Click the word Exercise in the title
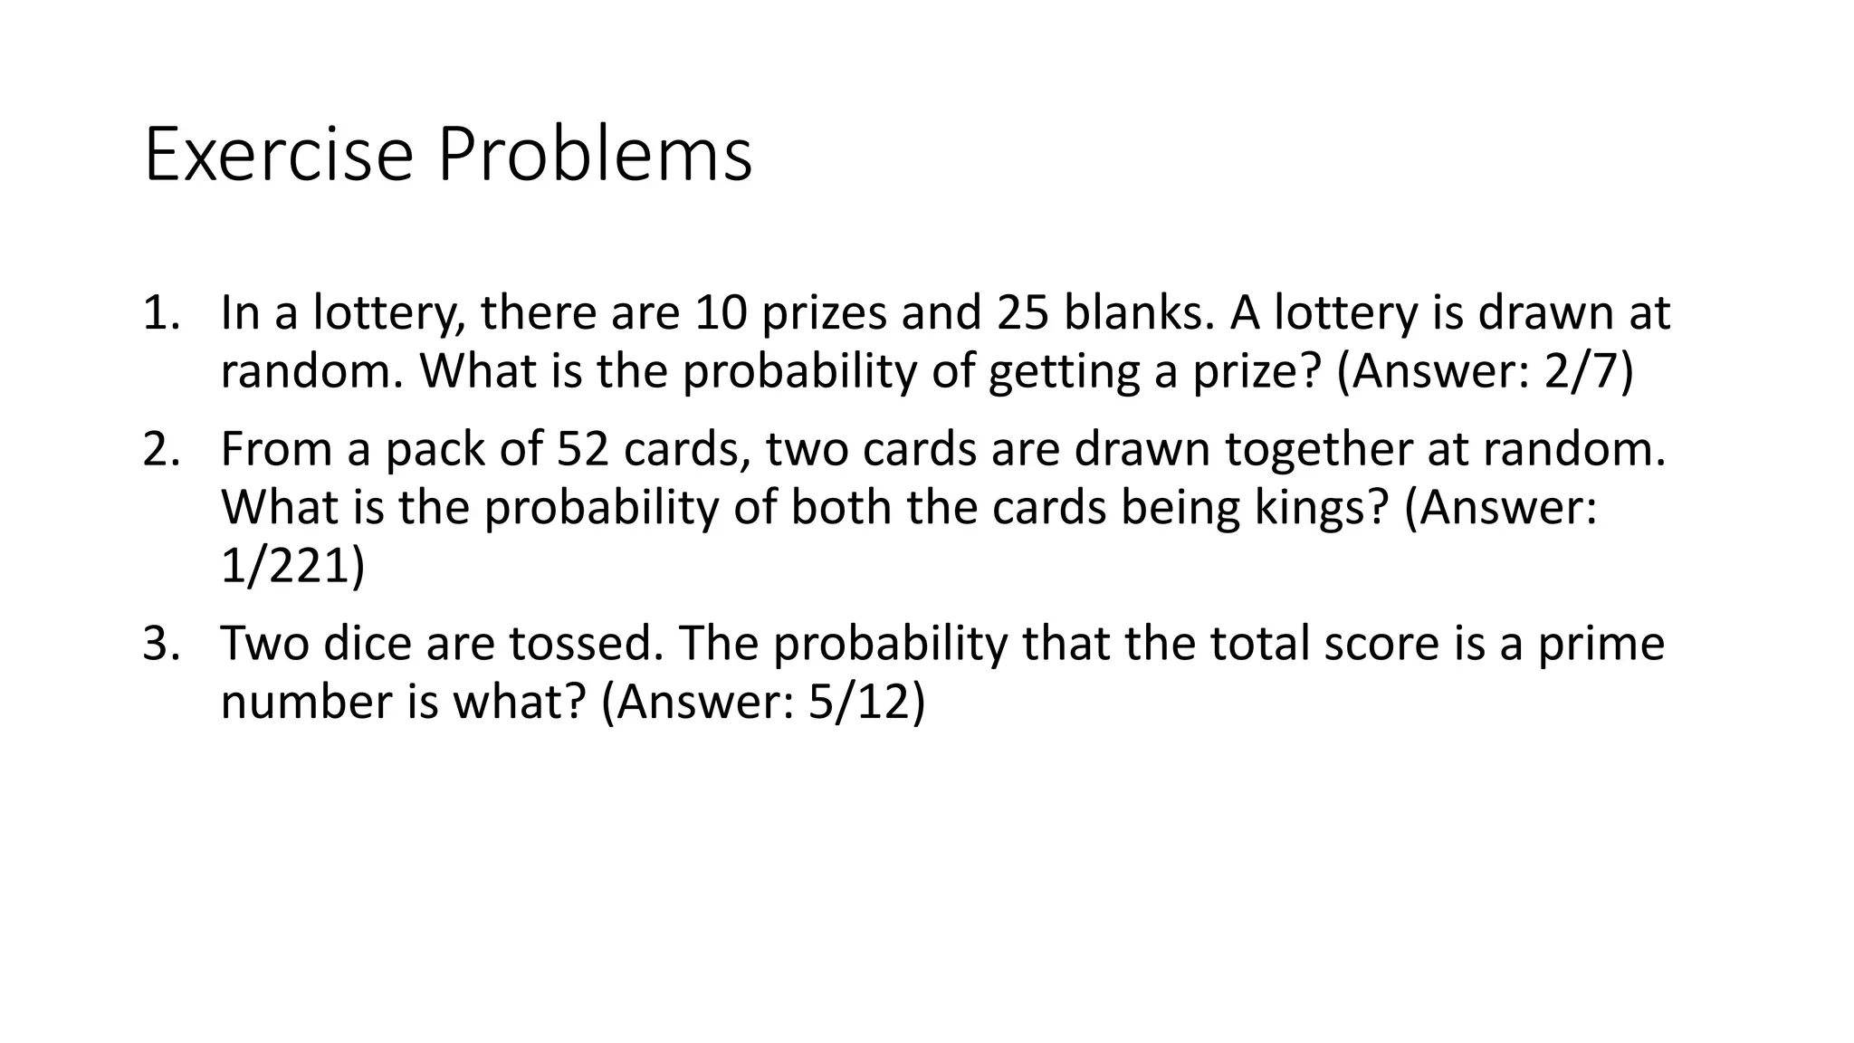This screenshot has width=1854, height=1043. click(x=278, y=156)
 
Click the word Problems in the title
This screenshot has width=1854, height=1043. click(x=595, y=156)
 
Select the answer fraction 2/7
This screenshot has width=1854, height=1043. click(x=1580, y=371)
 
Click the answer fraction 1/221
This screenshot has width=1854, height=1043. click(x=285, y=566)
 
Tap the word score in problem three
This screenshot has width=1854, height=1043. click(x=1381, y=644)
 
